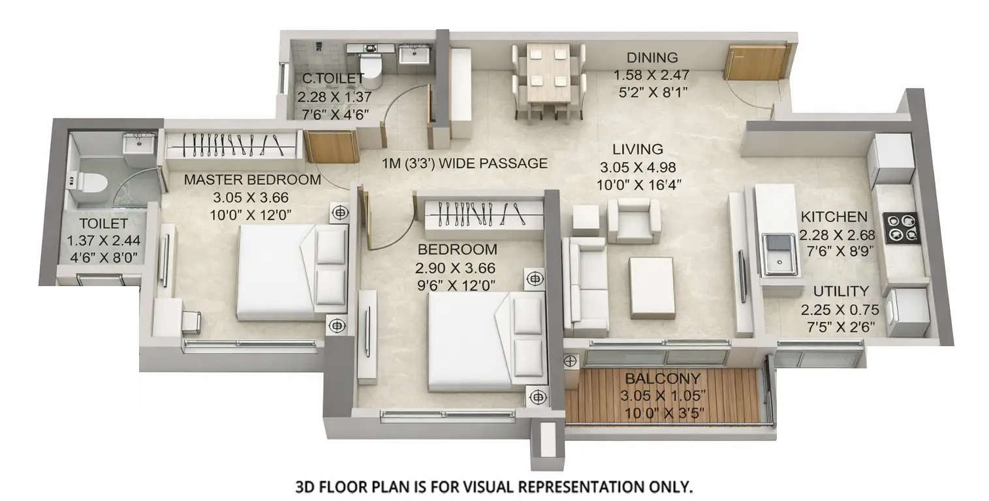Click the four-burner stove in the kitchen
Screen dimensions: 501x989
tap(902, 229)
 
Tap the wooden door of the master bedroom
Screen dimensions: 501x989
tap(331, 146)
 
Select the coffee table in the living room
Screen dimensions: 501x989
tap(651, 287)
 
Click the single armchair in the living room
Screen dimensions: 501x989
tap(633, 221)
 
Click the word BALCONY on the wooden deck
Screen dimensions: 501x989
tap(663, 378)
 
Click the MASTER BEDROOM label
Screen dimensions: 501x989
tap(252, 180)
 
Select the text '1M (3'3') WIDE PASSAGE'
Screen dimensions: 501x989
tap(465, 163)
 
